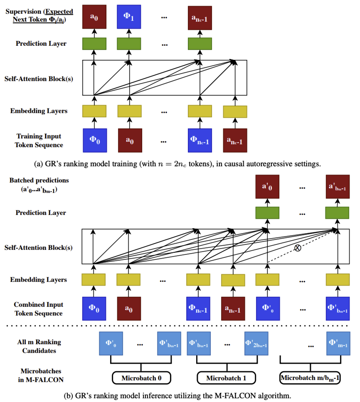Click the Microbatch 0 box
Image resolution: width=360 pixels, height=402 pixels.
pos(141,378)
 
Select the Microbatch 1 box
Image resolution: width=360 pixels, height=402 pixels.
pos(226,378)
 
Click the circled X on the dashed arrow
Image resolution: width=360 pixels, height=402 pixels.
pos(298,248)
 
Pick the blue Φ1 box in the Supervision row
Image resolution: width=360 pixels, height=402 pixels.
pos(128,17)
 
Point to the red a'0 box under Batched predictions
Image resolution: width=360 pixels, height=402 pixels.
pos(267,187)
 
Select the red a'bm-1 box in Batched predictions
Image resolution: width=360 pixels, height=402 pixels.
pos(338,187)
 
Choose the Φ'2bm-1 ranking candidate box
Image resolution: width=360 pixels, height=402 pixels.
pos(256,344)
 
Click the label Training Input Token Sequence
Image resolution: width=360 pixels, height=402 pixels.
pos(39,141)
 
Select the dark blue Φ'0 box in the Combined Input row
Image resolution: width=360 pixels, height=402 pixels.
pos(267,309)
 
